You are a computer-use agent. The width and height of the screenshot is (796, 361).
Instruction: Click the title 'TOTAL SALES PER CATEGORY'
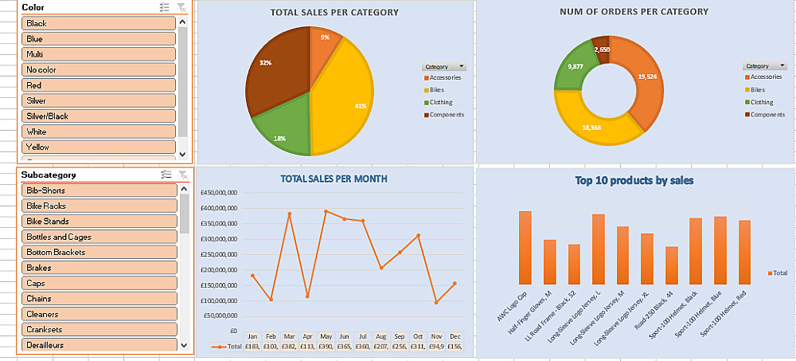[x=334, y=13]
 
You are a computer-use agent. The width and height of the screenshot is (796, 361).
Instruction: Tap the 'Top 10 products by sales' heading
[x=634, y=181]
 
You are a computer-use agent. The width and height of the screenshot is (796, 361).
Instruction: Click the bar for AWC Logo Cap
[x=525, y=248]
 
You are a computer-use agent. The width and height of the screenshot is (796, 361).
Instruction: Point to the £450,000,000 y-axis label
[x=218, y=193]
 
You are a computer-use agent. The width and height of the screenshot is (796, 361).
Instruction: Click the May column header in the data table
[x=326, y=336]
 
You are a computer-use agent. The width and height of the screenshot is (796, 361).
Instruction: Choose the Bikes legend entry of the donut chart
[x=760, y=89]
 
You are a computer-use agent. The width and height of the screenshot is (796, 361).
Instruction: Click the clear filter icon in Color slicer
[x=181, y=7]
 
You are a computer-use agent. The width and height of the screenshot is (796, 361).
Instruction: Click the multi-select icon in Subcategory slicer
[x=166, y=175]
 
